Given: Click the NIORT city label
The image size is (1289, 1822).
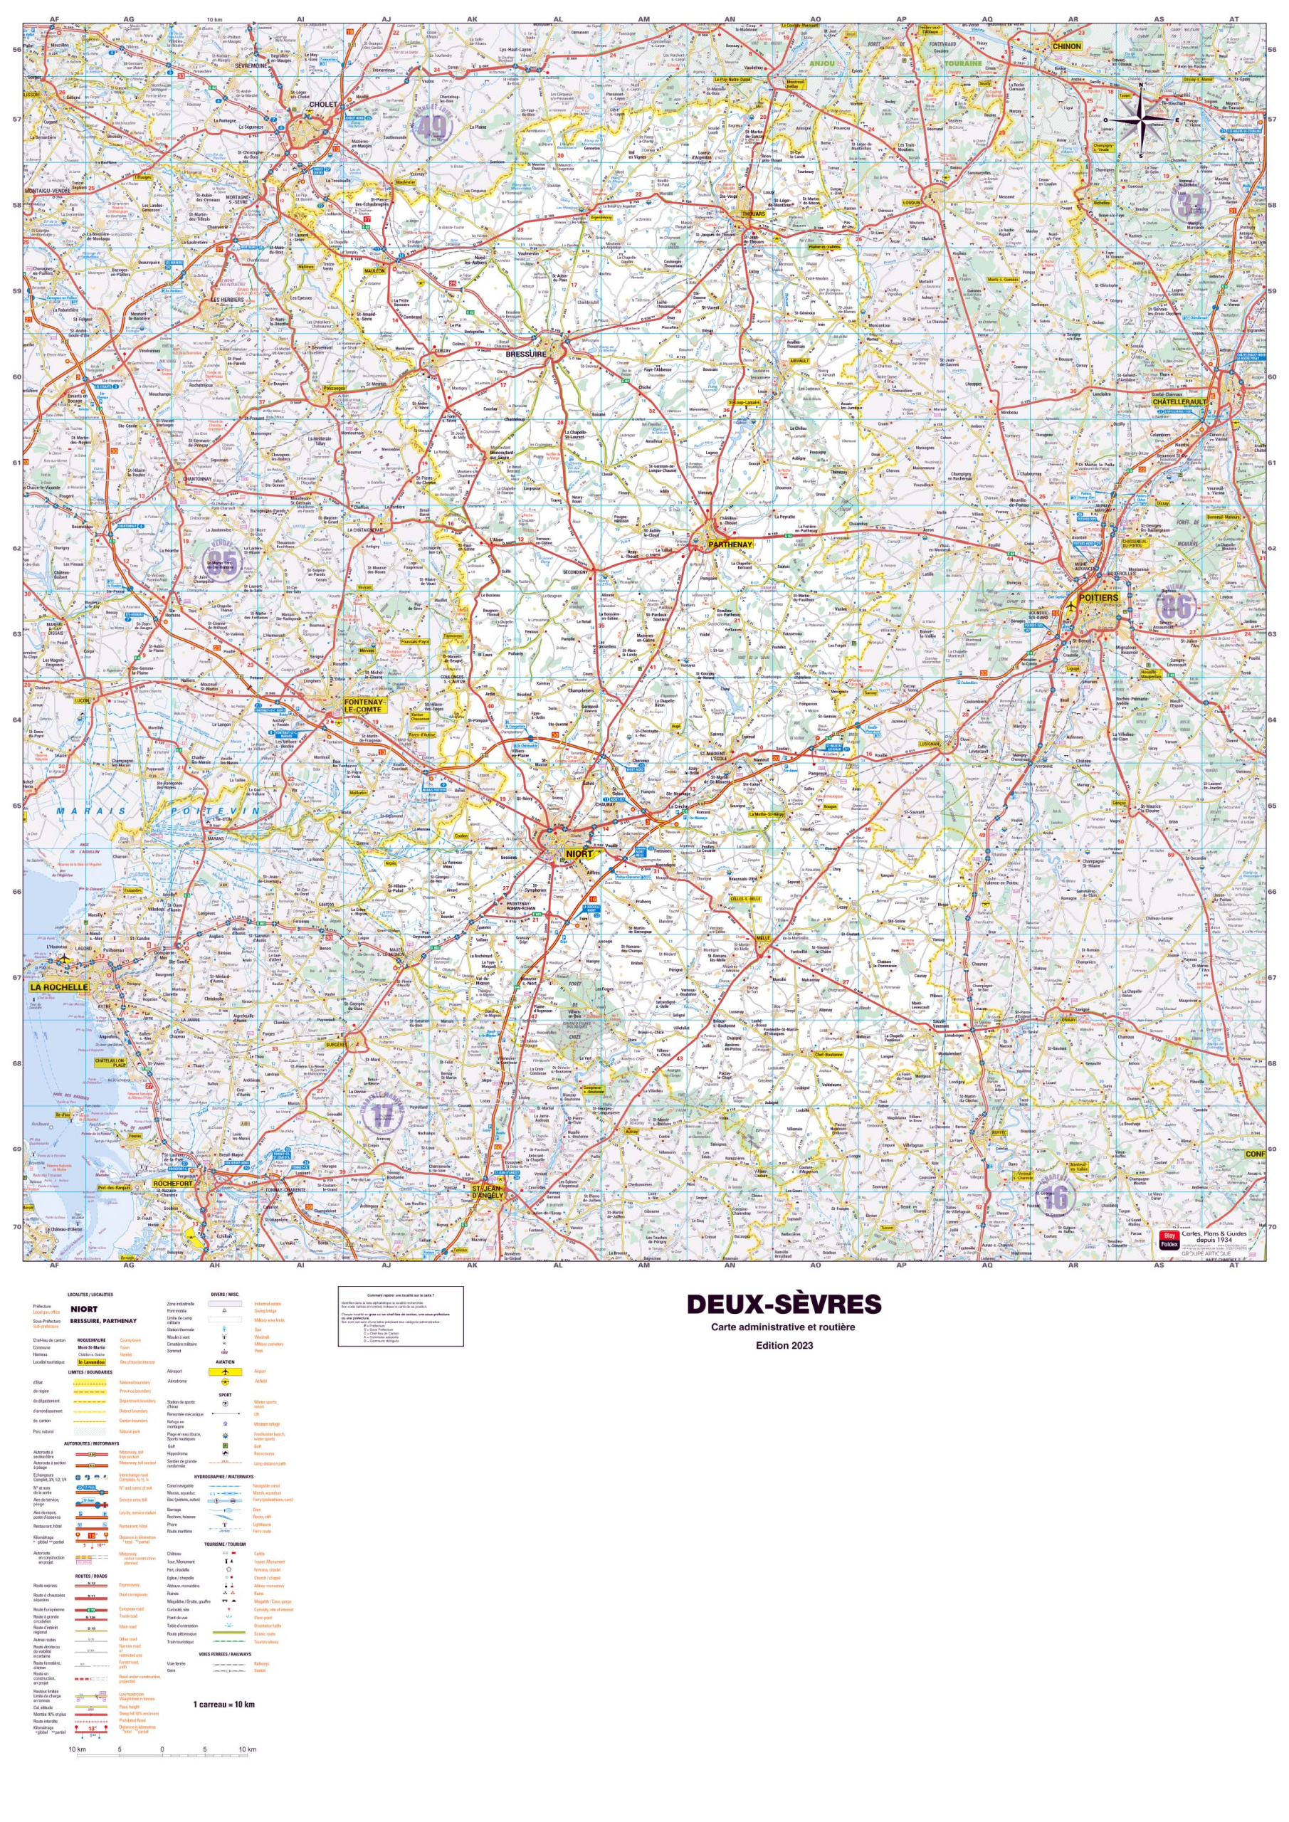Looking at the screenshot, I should [579, 854].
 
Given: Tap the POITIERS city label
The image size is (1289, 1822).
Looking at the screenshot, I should [1098, 598].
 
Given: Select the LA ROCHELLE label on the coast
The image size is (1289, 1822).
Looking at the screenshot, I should [60, 987].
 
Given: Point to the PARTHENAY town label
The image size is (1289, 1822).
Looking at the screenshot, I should [730, 544].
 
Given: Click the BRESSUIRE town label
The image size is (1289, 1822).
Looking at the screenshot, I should [526, 354].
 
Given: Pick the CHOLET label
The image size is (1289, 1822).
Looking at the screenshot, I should [323, 104].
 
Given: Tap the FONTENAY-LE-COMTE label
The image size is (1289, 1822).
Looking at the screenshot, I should [364, 705].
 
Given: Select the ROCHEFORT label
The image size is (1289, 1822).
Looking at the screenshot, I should [173, 1183].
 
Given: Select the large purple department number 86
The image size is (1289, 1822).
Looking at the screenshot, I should [1198, 607].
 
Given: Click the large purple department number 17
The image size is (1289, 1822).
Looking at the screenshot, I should [384, 1116].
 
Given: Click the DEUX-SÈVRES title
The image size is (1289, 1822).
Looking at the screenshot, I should [784, 1305].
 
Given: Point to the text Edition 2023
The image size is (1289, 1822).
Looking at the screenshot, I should [784, 1345].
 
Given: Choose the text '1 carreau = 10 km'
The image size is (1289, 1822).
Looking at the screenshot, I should [223, 1704].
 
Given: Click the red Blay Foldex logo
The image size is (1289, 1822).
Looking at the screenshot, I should [1168, 1240].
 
